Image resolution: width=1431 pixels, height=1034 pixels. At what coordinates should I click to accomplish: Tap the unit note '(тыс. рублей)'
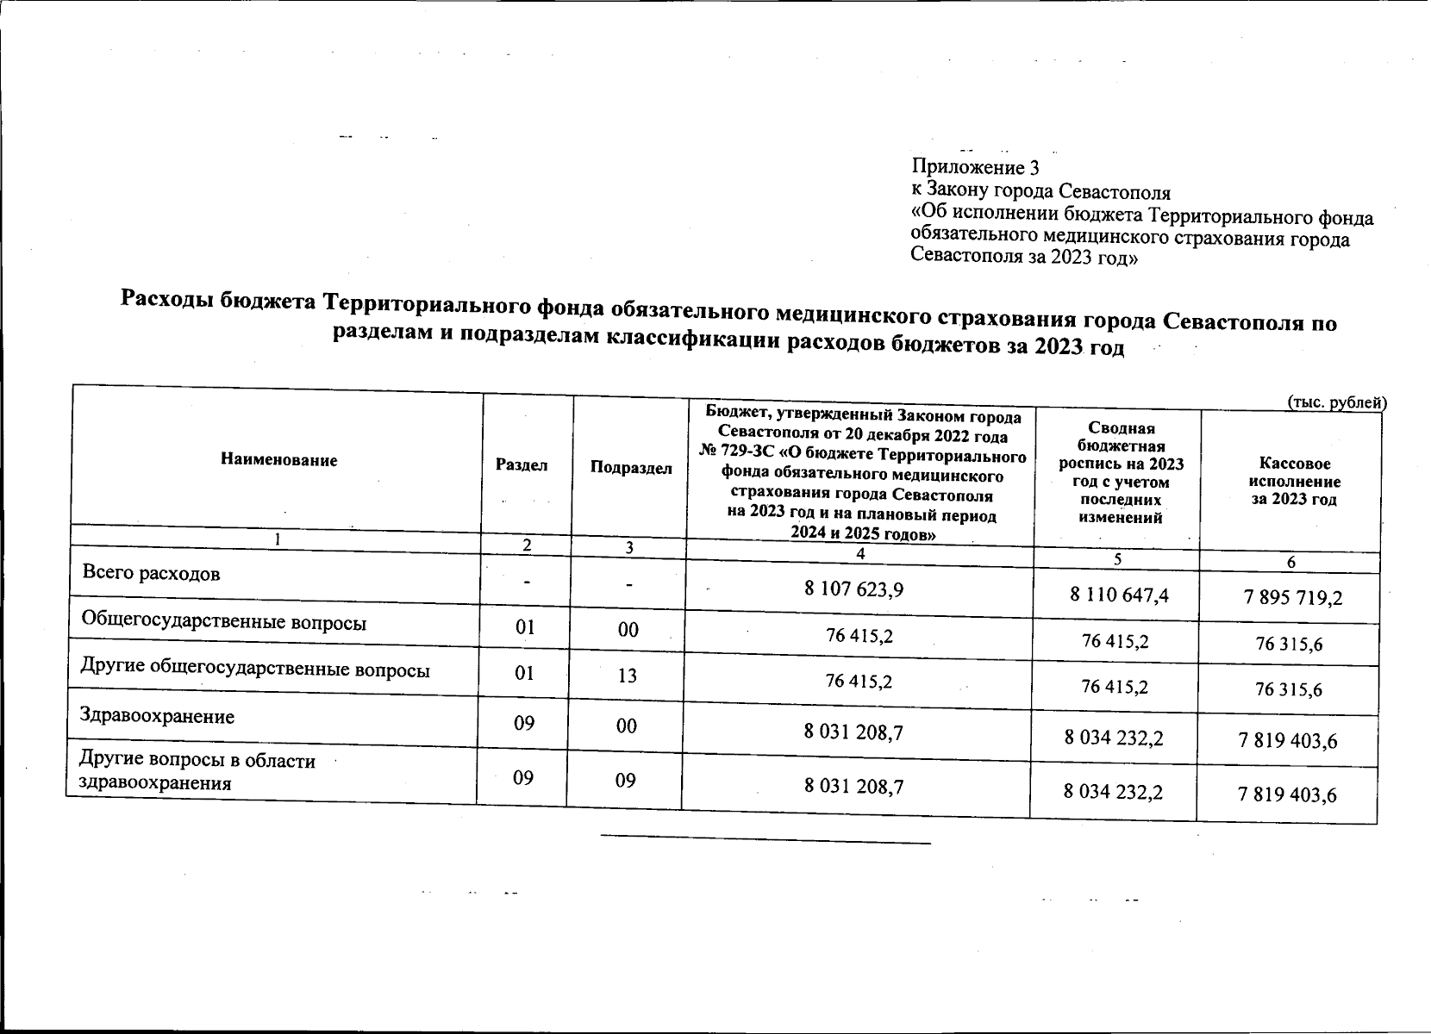[1335, 402]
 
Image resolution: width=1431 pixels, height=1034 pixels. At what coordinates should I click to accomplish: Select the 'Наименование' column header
[279, 460]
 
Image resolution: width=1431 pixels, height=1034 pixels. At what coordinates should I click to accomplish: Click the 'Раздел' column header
[522, 464]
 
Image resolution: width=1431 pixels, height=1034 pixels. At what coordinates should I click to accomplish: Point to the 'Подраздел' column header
[631, 468]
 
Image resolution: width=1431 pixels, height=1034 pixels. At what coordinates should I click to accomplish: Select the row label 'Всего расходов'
[151, 573]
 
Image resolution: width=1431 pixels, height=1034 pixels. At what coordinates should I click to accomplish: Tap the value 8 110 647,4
[1118, 594]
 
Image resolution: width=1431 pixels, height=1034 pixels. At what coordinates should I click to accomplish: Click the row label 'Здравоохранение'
[157, 716]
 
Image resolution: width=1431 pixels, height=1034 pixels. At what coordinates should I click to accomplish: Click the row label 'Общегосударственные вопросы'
[224, 622]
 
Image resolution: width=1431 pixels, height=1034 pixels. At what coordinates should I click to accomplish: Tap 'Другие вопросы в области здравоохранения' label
[197, 772]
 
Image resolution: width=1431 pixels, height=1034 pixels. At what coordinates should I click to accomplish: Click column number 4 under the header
[859, 553]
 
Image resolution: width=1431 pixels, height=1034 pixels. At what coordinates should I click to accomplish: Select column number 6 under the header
[1290, 562]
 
